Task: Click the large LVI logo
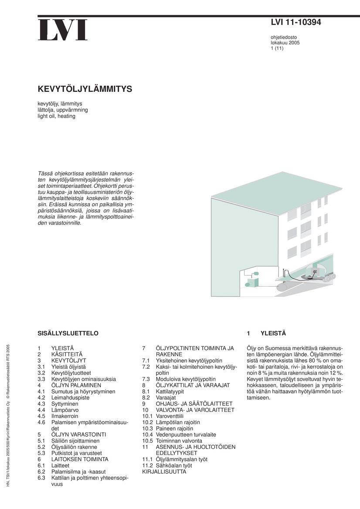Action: [x=62, y=30]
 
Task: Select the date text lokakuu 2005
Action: [x=285, y=43]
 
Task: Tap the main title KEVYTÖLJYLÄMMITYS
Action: [x=85, y=89]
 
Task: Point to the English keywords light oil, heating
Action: [x=56, y=116]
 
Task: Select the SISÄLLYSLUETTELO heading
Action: [x=68, y=333]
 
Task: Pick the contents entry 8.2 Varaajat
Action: [x=159, y=398]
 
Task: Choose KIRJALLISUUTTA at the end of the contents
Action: [x=164, y=471]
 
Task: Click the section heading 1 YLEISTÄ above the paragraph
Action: [x=266, y=333]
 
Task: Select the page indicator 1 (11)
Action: [x=277, y=48]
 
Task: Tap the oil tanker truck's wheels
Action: [x=329, y=276]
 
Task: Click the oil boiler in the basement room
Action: [x=251, y=283]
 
